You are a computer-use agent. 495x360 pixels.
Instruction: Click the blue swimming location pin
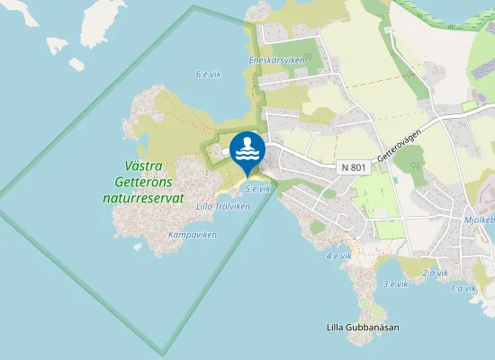tap(247, 151)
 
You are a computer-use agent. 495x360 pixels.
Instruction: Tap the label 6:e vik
tap(209, 75)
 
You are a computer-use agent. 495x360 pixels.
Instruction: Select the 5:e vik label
tap(257, 189)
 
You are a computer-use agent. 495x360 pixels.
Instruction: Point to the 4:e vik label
tap(338, 256)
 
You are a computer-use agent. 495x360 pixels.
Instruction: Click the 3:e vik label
tap(396, 283)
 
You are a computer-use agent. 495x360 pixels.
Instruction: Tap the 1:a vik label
tap(463, 289)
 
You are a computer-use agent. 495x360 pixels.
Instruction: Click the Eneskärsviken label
tap(276, 60)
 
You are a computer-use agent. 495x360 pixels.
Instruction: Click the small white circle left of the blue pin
tap(225, 152)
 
